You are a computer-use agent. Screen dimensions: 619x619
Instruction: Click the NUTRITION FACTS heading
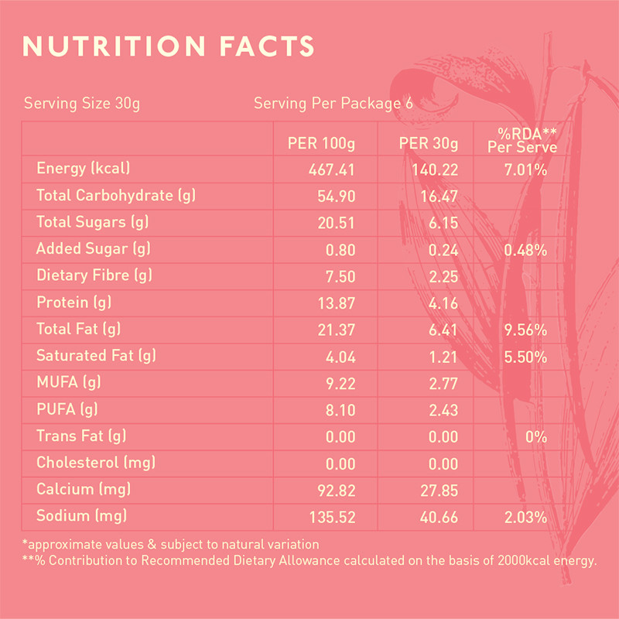tap(169, 46)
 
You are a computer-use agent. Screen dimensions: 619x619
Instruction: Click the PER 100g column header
tap(321, 144)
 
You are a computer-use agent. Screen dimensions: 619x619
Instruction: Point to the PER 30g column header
tap(429, 144)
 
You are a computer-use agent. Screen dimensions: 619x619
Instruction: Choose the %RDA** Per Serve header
tap(522, 139)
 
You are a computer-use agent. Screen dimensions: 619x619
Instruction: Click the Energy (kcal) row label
tap(83, 169)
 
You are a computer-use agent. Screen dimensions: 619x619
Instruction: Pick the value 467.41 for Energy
tap(332, 170)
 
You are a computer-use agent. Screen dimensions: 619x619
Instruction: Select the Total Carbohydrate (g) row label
tap(116, 196)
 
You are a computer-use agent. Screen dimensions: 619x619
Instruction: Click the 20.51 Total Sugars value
tap(337, 224)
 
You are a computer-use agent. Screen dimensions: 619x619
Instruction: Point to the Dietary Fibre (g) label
tap(96, 276)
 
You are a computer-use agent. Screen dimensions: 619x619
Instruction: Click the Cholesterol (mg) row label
tap(96, 463)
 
